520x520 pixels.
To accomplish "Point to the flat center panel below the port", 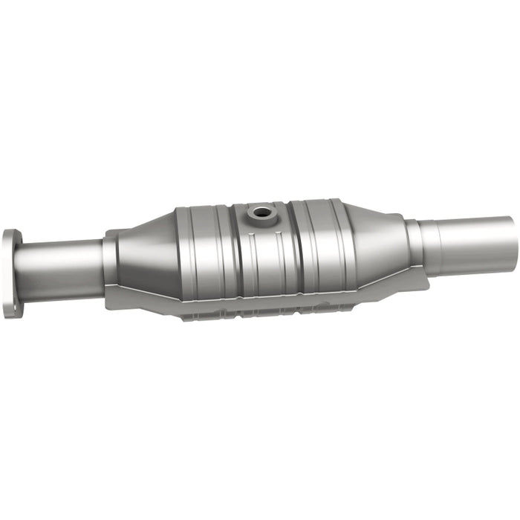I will (264, 256).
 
